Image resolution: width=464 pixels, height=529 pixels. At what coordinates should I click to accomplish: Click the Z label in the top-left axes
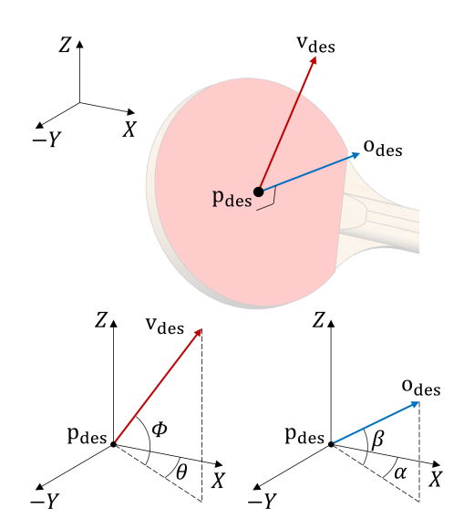[x=65, y=45]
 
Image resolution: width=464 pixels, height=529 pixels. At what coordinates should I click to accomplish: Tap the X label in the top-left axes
[x=129, y=129]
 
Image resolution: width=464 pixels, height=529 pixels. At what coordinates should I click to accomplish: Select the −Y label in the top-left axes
[x=46, y=139]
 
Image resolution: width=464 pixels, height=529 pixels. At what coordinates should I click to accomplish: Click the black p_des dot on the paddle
[x=258, y=192]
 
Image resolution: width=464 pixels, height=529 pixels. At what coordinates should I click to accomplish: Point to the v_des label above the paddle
[x=316, y=44]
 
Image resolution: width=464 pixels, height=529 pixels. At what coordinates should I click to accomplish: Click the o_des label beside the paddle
[x=383, y=148]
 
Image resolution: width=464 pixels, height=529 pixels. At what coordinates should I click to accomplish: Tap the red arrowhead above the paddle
[x=314, y=60]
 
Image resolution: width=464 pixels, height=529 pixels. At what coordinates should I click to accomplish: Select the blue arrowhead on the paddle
[x=356, y=155]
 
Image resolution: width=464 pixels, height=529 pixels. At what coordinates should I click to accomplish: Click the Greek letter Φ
[x=160, y=430]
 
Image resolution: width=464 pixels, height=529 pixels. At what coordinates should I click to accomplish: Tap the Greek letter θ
[x=181, y=472]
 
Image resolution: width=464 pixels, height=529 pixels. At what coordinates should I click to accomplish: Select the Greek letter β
[x=377, y=440]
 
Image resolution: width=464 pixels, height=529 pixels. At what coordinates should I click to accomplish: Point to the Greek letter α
[x=400, y=473]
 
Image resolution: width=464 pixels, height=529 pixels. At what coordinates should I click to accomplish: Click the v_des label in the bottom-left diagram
[x=165, y=326]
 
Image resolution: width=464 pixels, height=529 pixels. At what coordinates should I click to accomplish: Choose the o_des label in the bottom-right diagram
[x=421, y=388]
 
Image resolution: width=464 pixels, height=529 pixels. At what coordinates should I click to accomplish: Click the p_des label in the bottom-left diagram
[x=87, y=435]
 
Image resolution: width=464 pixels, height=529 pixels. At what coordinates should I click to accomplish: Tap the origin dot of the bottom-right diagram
[x=331, y=444]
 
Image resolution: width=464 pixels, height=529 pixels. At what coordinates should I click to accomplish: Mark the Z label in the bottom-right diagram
[x=318, y=320]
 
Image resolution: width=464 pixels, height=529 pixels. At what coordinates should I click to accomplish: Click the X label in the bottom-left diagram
[x=218, y=481]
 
